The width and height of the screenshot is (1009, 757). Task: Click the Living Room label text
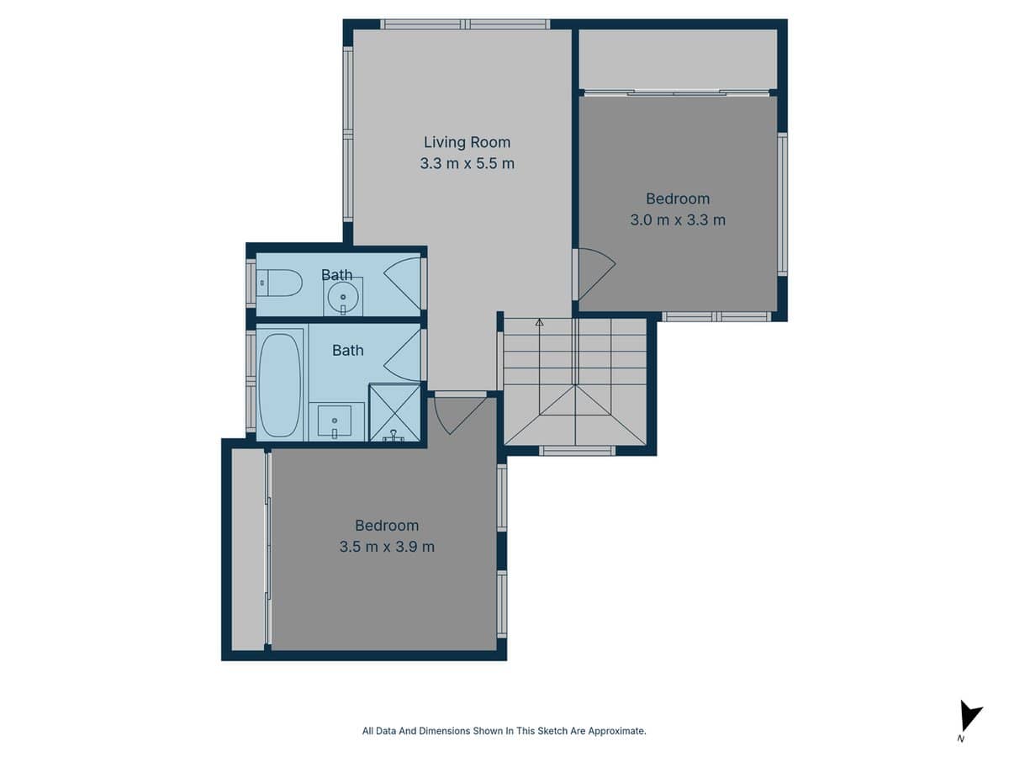click(x=467, y=142)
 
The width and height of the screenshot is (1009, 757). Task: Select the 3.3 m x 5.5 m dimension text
click(x=467, y=163)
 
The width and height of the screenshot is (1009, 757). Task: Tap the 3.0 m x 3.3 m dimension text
click(x=677, y=220)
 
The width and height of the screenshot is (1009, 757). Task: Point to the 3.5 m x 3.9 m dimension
click(x=387, y=547)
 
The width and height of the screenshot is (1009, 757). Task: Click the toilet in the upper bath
click(x=280, y=283)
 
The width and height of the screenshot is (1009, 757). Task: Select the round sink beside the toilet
click(x=343, y=295)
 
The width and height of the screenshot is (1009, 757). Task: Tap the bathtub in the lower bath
click(x=279, y=383)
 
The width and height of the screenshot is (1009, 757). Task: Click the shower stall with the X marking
click(x=394, y=413)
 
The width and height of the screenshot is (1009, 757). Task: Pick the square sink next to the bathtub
click(x=335, y=421)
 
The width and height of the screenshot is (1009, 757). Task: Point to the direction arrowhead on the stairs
click(x=539, y=321)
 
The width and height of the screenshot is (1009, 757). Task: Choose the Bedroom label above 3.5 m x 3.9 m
click(x=387, y=526)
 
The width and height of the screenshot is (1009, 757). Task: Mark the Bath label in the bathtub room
click(x=347, y=350)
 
